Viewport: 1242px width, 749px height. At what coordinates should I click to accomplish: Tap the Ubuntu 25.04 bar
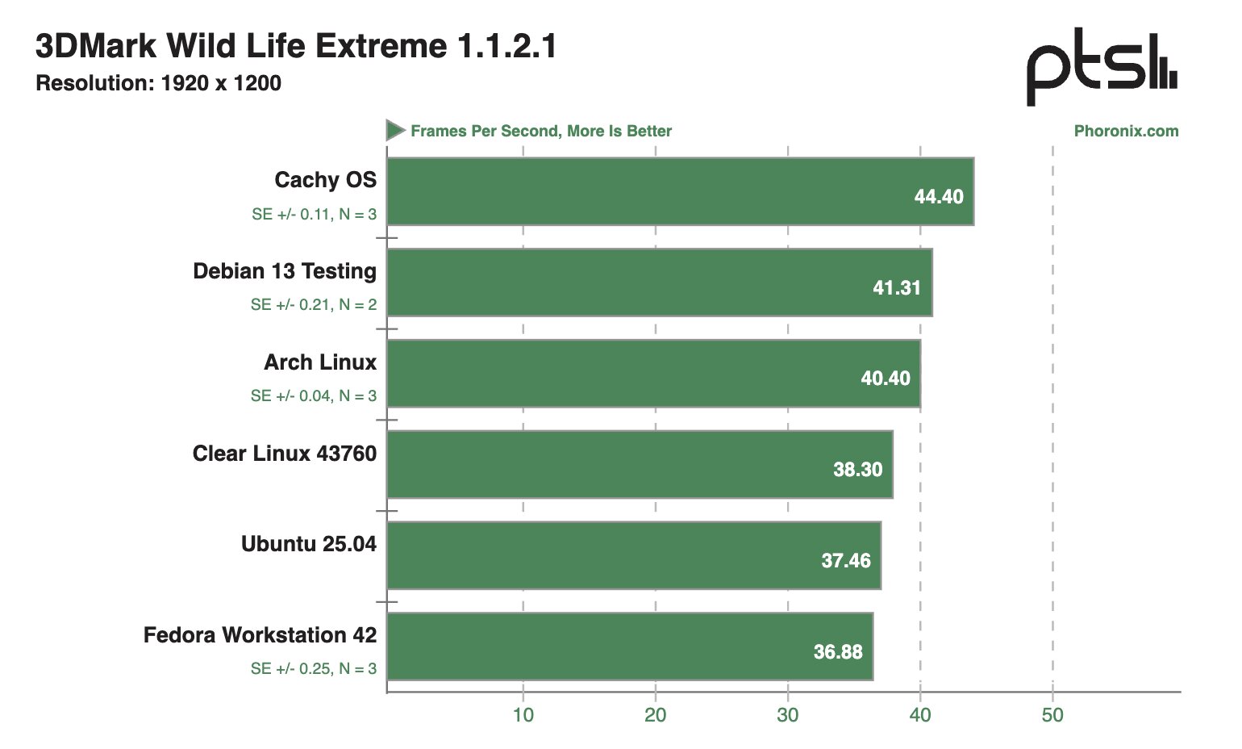(634, 555)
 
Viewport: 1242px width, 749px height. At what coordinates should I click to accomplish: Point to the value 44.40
(938, 197)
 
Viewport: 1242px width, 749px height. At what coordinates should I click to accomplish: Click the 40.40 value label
(885, 379)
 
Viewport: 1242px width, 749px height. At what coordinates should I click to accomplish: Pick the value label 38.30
(857, 470)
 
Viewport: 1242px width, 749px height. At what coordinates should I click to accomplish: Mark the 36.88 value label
(837, 651)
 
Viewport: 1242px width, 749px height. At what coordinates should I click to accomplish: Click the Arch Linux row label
(320, 362)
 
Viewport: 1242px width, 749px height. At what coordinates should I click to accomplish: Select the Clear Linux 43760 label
(285, 454)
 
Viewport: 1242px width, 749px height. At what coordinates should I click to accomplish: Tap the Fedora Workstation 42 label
(260, 635)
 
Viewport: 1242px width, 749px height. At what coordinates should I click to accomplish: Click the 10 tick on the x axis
(523, 715)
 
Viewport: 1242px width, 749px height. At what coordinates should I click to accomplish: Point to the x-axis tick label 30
(788, 715)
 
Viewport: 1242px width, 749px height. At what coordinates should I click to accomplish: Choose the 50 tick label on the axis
(1052, 715)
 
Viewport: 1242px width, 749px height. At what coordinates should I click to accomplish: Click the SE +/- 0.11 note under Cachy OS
(314, 215)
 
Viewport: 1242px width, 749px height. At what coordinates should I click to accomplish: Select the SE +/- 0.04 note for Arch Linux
(313, 396)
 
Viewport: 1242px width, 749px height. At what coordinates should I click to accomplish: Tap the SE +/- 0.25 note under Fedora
(313, 669)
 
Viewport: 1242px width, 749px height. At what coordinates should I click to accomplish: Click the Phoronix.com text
(1126, 132)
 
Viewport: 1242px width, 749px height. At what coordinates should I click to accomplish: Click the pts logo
(1101, 68)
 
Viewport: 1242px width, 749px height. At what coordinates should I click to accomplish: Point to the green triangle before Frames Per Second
(394, 130)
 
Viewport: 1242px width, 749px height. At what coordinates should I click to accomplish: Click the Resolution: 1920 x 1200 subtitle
(159, 83)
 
